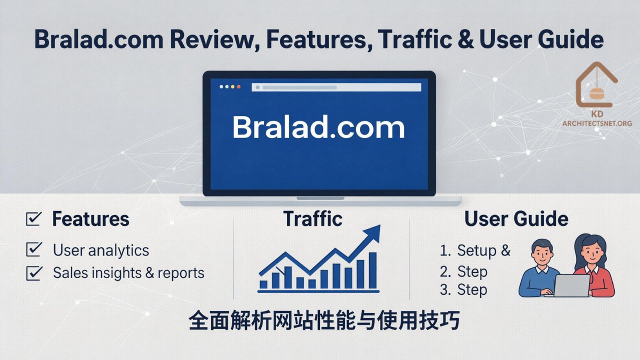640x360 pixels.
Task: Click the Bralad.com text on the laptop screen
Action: click(x=318, y=127)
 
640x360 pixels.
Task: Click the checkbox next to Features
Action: click(x=33, y=218)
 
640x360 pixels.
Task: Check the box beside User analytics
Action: click(x=33, y=249)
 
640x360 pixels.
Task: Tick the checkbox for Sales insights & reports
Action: click(x=33, y=272)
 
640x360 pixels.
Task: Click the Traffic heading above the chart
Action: click(x=312, y=219)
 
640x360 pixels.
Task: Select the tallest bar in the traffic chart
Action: click(x=373, y=270)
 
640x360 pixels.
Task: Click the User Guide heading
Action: click(x=516, y=219)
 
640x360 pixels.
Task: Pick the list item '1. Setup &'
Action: click(x=475, y=250)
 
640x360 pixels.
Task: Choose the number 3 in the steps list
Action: click(x=444, y=290)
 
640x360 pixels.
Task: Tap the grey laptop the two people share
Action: click(x=571, y=285)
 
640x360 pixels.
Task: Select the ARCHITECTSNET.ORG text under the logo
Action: click(x=597, y=123)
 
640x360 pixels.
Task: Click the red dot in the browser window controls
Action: click(x=238, y=87)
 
